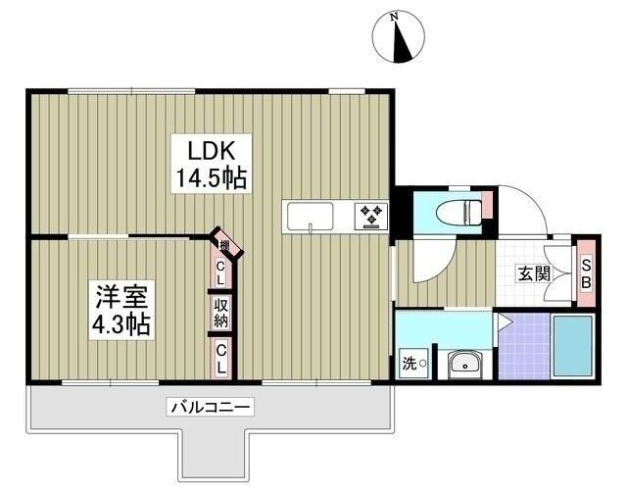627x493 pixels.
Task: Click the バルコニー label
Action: tap(211, 406)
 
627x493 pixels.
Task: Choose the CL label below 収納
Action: tap(222, 357)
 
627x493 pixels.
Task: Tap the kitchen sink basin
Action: tap(310, 215)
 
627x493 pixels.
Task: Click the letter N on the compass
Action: tap(394, 17)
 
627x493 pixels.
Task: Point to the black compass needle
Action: tap(399, 43)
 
